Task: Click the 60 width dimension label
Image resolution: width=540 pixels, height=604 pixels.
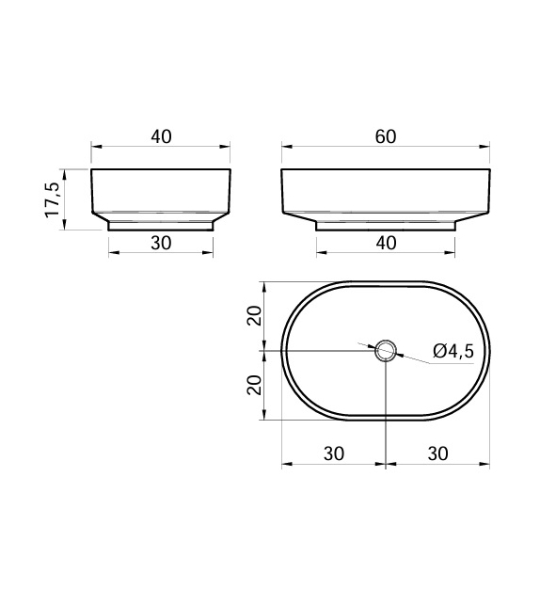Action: point(385,136)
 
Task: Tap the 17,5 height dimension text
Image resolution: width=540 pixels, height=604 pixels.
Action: point(53,199)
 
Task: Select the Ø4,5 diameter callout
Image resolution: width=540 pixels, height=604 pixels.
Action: point(453,352)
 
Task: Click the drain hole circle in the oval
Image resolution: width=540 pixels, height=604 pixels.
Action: point(386,352)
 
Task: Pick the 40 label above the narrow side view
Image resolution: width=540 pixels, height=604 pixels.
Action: point(161,136)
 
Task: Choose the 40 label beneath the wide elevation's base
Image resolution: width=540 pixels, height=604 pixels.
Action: point(385,243)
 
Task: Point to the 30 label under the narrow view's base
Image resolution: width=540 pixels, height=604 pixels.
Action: point(161,243)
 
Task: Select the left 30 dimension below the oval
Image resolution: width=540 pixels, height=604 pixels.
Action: point(333,453)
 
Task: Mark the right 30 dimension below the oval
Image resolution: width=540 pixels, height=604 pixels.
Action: point(437,453)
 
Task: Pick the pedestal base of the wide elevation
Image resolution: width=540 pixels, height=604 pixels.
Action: point(385,225)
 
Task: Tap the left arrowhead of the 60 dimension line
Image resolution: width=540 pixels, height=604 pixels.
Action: point(286,147)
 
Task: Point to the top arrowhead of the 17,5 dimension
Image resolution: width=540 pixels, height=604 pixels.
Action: point(64,173)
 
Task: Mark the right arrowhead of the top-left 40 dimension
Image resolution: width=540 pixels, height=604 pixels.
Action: point(226,147)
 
